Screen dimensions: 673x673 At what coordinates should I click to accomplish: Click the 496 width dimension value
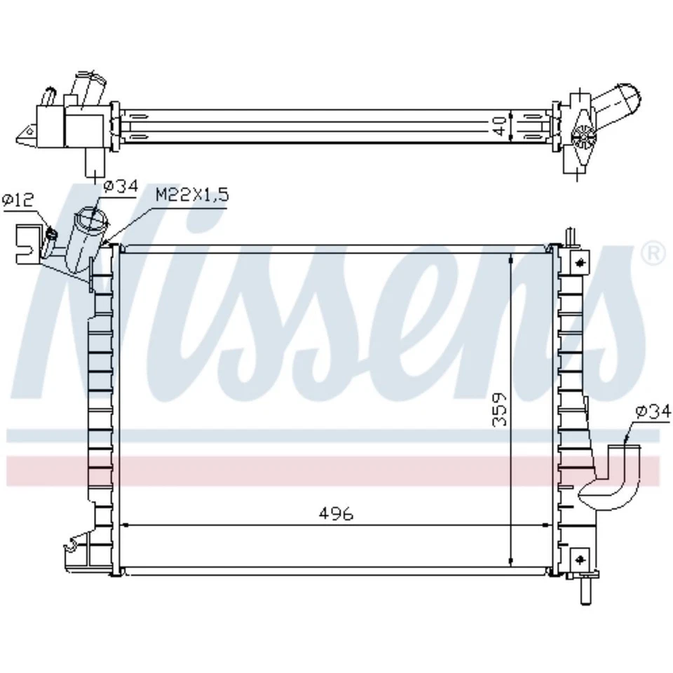[x=336, y=514]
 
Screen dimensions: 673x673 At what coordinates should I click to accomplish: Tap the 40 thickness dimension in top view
[x=500, y=126]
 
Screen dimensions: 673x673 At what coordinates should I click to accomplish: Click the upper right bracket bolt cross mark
[x=580, y=263]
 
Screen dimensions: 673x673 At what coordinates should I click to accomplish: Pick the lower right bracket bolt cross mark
[x=580, y=559]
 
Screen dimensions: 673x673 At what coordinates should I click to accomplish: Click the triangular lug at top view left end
[x=25, y=135]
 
